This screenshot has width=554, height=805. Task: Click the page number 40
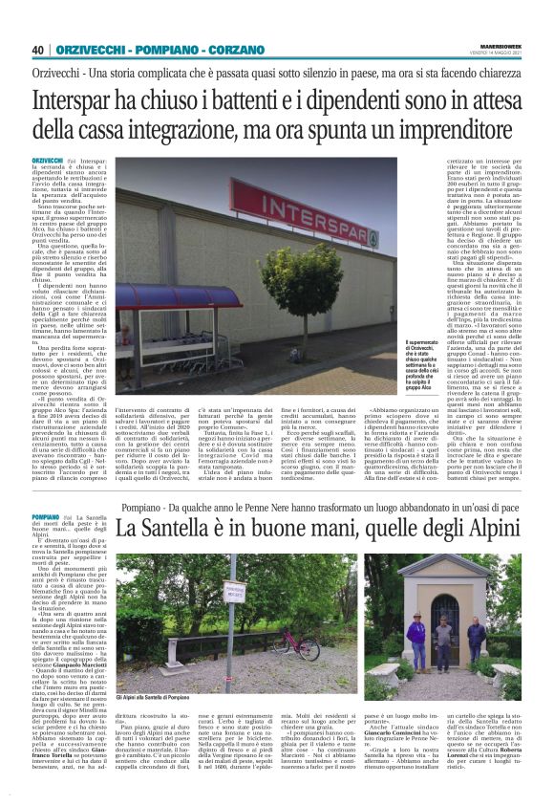[x=38, y=50]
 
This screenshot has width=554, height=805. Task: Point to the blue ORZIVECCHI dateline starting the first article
[x=46, y=159]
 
